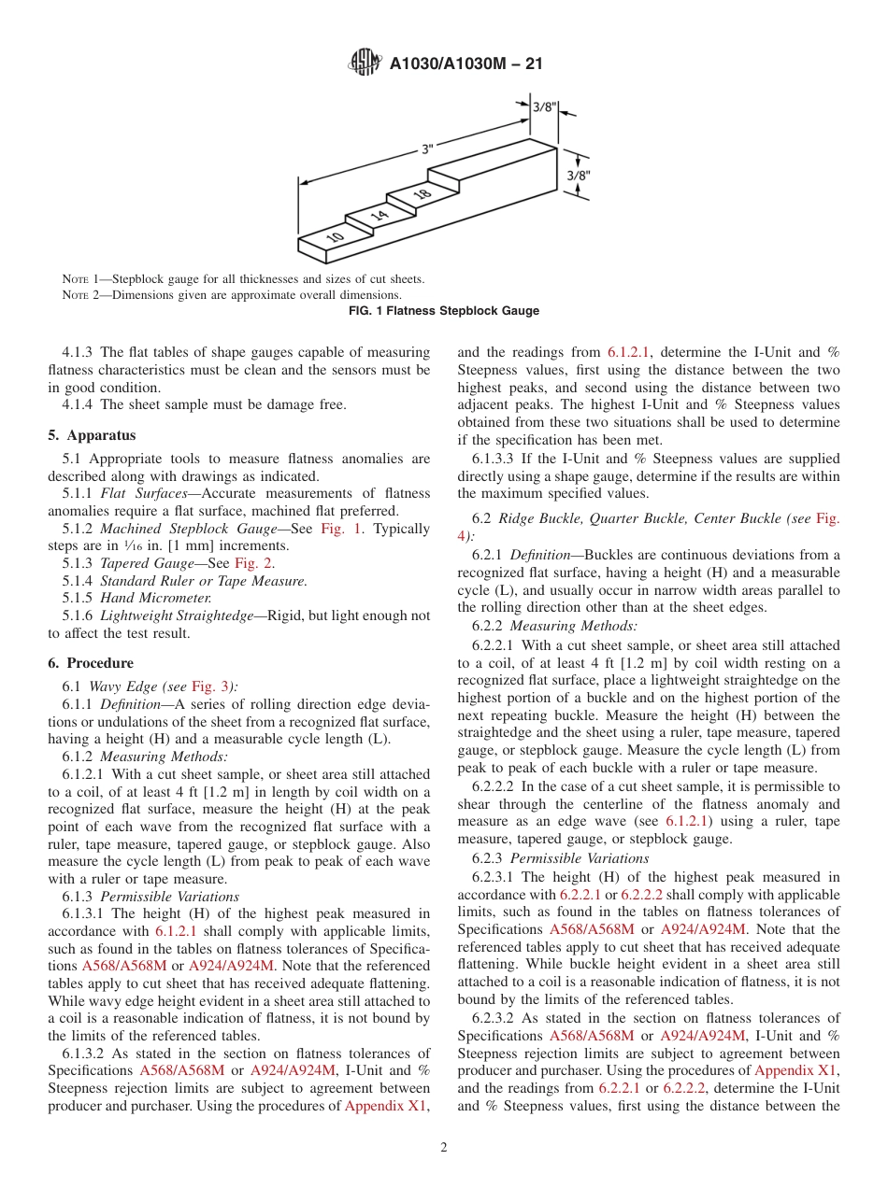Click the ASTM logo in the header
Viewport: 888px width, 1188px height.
[364, 63]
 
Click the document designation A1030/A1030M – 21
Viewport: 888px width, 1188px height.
[465, 64]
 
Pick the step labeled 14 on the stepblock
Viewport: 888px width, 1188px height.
[378, 216]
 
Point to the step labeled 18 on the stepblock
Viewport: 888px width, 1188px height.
[421, 193]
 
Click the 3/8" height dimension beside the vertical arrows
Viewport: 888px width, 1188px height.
[580, 175]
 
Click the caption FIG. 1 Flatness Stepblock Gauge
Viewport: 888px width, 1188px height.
[443, 311]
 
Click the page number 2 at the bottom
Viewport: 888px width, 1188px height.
[444, 1148]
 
